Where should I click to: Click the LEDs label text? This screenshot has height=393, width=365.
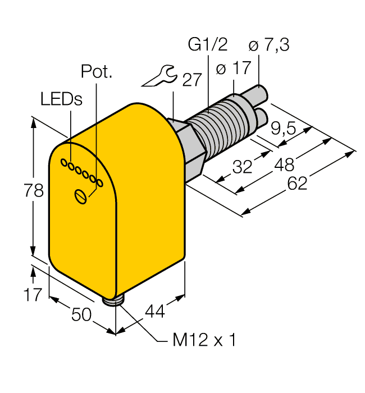[x=61, y=99]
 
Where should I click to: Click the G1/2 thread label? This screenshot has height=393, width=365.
[x=204, y=45]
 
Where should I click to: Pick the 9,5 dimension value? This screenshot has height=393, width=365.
[x=283, y=129]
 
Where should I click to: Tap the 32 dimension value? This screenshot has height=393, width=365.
[x=242, y=167]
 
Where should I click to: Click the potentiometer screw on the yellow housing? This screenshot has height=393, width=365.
[x=82, y=196]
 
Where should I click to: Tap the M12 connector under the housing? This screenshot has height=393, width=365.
[x=116, y=302]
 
